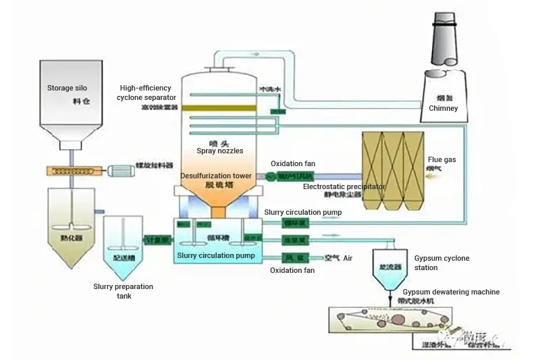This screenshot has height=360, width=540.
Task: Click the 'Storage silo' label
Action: click(x=67, y=88)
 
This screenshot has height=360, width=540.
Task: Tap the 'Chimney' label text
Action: click(x=443, y=108)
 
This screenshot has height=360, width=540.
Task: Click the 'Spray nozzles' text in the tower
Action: click(x=220, y=151)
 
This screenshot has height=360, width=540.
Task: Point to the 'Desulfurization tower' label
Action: click(x=216, y=176)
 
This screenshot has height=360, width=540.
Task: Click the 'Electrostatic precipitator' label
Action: click(x=344, y=186)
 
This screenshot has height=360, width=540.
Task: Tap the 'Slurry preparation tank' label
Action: click(x=123, y=291)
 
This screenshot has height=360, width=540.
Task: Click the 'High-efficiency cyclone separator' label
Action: click(x=146, y=93)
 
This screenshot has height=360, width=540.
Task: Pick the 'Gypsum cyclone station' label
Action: click(x=441, y=263)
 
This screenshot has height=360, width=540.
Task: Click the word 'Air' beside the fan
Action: click(x=348, y=258)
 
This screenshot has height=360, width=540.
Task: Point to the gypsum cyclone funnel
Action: click(x=390, y=267)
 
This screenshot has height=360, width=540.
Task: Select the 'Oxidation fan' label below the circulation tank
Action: click(x=292, y=271)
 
